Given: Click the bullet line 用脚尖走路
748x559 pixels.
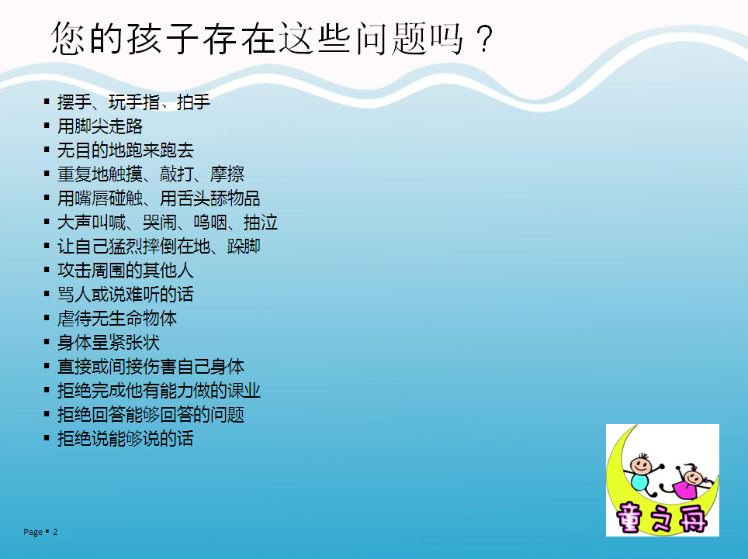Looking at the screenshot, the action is click(100, 126).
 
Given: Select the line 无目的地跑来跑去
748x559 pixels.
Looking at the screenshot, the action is click(126, 150).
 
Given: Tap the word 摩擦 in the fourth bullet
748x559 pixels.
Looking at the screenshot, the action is click(227, 174).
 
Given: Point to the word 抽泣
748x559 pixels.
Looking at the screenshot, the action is click(261, 222).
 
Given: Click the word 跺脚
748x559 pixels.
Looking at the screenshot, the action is click(244, 247).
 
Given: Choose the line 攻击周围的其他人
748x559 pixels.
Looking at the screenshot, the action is click(126, 271).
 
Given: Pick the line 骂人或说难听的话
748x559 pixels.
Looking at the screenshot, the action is click(126, 294).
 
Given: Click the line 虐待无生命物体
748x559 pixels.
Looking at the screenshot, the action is click(117, 319).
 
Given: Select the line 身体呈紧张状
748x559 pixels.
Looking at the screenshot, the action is click(109, 342).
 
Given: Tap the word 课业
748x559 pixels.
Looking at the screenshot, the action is click(244, 390).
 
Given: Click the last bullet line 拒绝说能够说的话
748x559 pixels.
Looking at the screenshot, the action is click(126, 438).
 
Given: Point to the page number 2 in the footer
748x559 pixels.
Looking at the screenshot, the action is click(55, 532).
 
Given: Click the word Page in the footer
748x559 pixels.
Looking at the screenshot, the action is click(33, 532).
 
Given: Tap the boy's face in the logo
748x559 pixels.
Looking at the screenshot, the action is click(640, 464).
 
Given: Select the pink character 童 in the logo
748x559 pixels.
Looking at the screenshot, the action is click(629, 518).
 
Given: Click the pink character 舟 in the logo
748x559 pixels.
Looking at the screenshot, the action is click(691, 518).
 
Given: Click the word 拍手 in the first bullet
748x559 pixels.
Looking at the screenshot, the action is click(194, 102).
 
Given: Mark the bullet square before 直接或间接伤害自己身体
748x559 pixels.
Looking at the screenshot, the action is click(47, 366).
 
